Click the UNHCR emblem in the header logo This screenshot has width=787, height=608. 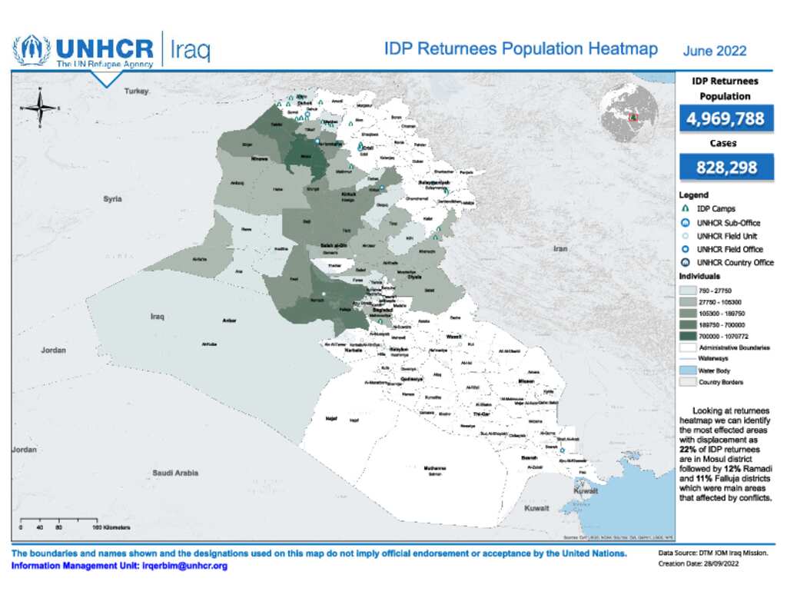32,50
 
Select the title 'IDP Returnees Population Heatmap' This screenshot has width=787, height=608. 520,49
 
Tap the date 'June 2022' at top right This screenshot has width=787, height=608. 714,51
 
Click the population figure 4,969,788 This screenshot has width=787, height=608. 725,119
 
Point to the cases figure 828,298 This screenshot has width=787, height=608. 725,167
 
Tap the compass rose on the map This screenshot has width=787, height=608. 39,108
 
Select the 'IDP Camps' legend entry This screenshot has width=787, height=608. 716,209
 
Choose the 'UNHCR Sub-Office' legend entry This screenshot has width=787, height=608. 728,223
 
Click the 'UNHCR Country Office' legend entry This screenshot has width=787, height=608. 734,263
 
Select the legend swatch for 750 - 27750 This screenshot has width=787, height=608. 687,291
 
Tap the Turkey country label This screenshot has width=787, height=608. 136,91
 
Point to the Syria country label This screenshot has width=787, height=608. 112,199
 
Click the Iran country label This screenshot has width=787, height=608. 560,248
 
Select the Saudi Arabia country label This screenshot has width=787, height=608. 174,473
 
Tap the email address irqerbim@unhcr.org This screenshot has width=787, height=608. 184,566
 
